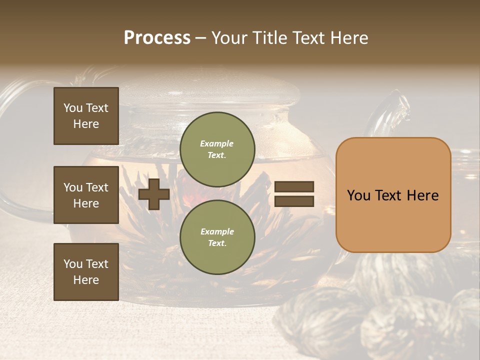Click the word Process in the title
(157, 38)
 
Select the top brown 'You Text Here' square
(86, 116)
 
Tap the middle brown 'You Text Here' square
(86, 195)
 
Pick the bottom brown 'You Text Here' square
(86, 271)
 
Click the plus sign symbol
(154, 194)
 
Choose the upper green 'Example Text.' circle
(217, 149)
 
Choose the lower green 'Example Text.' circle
(217, 237)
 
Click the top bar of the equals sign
(294, 187)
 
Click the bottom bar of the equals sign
(294, 201)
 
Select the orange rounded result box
(393, 195)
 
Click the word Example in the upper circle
(216, 143)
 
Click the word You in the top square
(73, 108)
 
